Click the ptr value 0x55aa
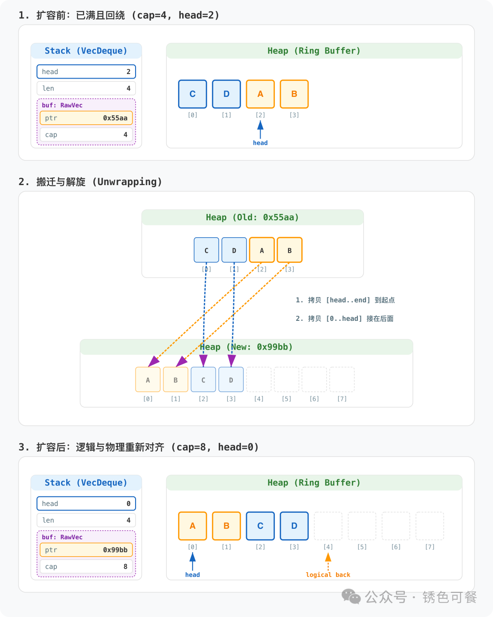click(x=115, y=118)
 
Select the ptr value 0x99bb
click(x=115, y=550)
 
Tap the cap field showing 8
click(x=86, y=567)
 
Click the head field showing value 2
click(x=86, y=72)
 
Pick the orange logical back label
click(x=328, y=575)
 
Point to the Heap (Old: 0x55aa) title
click(x=252, y=218)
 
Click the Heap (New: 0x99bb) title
click(x=246, y=347)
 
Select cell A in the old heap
click(x=262, y=250)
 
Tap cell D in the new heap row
click(x=231, y=380)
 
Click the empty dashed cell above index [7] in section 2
click(x=342, y=379)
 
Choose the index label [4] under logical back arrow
click(x=328, y=547)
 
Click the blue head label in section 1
click(x=260, y=143)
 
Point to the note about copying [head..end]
click(x=345, y=300)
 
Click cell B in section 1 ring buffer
click(x=294, y=94)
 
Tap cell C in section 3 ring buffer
click(x=260, y=526)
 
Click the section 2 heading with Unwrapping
click(x=90, y=182)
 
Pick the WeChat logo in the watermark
click(x=351, y=596)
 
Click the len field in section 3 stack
click(x=86, y=520)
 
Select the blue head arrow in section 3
click(x=193, y=561)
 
